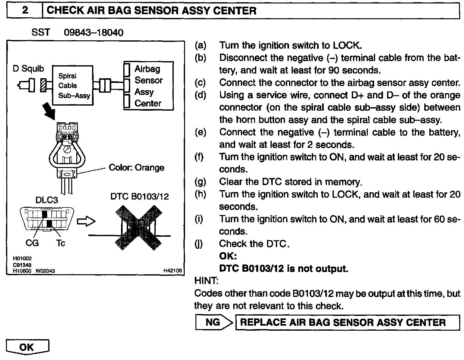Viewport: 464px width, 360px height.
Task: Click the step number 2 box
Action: tap(25, 11)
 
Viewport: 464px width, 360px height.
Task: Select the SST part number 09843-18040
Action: tap(93, 32)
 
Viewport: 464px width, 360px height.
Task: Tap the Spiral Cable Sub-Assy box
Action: tap(72, 85)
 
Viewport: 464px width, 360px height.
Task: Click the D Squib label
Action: tap(28, 69)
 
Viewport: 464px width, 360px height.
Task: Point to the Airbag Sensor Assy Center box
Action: tap(148, 86)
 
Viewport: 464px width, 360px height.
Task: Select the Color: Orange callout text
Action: tap(136, 167)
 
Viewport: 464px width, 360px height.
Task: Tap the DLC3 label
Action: tap(46, 200)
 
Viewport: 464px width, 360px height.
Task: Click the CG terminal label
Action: tap(32, 243)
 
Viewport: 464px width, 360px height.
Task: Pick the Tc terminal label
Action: tap(61, 243)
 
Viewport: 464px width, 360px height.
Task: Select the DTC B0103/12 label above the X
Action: tap(139, 197)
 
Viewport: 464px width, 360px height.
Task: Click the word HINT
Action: tap(206, 280)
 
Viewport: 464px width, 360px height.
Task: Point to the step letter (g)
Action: tap(200, 182)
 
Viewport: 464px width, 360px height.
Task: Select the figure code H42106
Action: tap(172, 270)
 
